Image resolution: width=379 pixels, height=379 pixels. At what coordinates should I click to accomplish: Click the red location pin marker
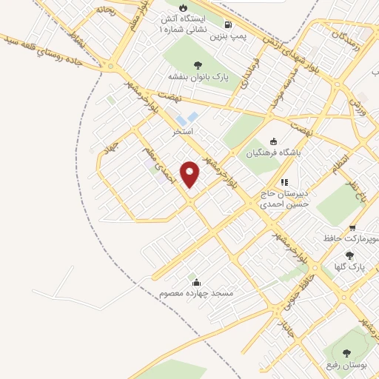pos(190,174)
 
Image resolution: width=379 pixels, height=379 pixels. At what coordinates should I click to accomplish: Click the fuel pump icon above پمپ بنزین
pos(238,23)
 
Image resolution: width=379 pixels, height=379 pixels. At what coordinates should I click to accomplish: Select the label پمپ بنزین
pos(227,35)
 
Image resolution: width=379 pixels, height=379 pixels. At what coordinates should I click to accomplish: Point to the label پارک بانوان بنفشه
pos(196,76)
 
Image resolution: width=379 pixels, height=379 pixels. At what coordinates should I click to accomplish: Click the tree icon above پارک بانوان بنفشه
pos(197,64)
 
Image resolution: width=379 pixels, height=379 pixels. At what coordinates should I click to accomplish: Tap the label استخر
pos(182,131)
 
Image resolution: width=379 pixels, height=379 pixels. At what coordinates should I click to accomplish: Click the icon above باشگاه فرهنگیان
pos(273,142)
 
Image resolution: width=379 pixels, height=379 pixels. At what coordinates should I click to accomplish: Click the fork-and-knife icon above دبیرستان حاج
pos(284,182)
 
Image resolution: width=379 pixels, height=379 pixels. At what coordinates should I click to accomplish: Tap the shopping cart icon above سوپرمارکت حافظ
pos(352,227)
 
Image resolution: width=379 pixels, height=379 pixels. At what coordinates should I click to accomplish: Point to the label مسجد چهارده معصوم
pos(196,294)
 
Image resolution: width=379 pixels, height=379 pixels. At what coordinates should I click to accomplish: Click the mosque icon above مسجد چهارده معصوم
pos(196,282)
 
